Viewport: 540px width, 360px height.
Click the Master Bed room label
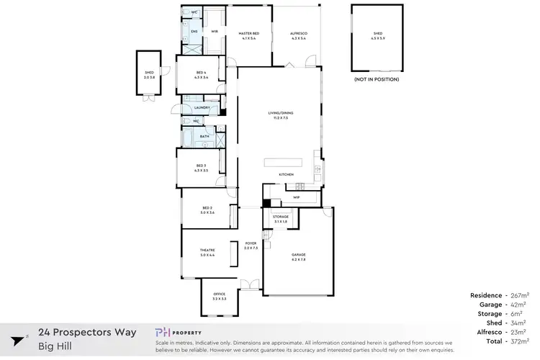(x=248, y=33)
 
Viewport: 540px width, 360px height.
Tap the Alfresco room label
(x=297, y=33)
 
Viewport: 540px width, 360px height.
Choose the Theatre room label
(x=207, y=251)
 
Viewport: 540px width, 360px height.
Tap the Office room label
(x=220, y=295)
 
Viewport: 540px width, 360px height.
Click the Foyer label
(x=251, y=244)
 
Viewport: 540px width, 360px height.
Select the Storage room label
(x=280, y=216)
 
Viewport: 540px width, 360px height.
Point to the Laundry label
(x=202, y=108)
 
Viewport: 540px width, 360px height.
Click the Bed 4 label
(x=202, y=73)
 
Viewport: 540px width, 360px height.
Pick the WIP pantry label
(x=296, y=196)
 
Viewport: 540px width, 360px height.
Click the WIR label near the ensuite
(x=214, y=32)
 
